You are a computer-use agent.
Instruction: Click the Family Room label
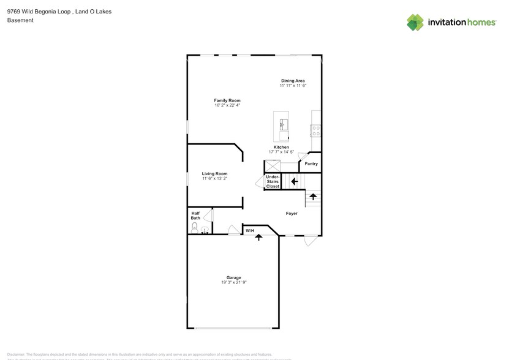click(227, 100)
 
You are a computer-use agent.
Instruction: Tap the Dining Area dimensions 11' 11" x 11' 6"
click(293, 86)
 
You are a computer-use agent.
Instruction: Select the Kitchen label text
click(281, 147)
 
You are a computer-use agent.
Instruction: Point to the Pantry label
click(311, 163)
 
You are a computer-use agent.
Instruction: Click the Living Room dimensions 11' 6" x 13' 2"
click(214, 179)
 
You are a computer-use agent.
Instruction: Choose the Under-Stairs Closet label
click(273, 181)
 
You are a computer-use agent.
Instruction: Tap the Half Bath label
click(195, 216)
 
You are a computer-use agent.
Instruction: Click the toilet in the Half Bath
click(195, 228)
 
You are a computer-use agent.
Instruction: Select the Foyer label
click(292, 214)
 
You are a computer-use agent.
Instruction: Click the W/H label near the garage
click(250, 231)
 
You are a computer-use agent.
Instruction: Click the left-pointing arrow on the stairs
click(295, 181)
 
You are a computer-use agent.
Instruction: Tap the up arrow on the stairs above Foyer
click(313, 197)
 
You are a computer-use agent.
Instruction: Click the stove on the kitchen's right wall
click(316, 130)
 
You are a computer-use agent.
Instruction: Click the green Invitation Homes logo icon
click(415, 22)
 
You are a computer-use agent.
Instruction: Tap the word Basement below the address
click(20, 20)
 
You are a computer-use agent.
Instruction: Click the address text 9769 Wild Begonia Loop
click(37, 11)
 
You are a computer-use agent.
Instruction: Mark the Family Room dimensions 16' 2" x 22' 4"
click(227, 105)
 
